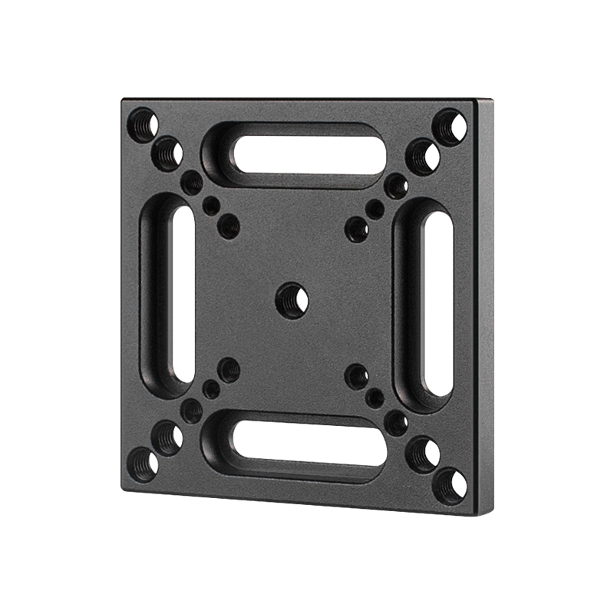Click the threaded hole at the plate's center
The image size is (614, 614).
[292, 297]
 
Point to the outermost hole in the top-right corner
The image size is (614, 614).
[451, 125]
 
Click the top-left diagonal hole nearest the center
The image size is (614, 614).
[229, 226]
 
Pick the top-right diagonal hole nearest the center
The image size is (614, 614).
[356, 228]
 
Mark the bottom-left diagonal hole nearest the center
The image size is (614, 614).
[229, 371]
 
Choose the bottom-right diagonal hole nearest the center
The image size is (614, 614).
[356, 375]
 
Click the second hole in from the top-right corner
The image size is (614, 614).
[423, 157]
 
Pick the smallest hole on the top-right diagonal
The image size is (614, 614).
[375, 208]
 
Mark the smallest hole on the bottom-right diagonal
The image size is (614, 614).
[375, 398]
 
